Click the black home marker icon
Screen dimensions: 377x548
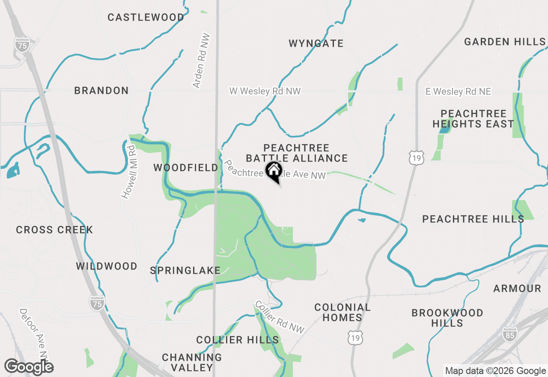pos(274,172)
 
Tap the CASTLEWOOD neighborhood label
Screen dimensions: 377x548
pos(146,18)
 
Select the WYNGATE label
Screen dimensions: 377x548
pos(316,43)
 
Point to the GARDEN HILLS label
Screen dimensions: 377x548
pos(505,42)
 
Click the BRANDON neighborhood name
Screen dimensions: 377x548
pos(101,90)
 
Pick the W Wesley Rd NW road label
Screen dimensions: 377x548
pos(265,91)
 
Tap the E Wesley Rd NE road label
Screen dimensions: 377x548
pos(458,92)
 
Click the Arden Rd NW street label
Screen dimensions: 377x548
pos(202,61)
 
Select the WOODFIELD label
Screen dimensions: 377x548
pos(186,168)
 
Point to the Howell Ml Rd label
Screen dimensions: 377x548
pos(128,172)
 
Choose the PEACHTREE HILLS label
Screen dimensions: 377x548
pos(473,219)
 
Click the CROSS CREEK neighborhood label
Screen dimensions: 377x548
pos(54,230)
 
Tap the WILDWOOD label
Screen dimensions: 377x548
pos(107,266)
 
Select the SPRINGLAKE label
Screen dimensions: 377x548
pos(185,270)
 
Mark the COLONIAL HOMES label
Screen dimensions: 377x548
pos(342,312)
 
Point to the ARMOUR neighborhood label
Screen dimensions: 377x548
pos(517,288)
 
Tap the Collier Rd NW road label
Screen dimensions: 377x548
pos(279,317)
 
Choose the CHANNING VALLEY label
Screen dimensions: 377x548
pos(192,362)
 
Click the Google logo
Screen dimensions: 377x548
pos(29,367)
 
